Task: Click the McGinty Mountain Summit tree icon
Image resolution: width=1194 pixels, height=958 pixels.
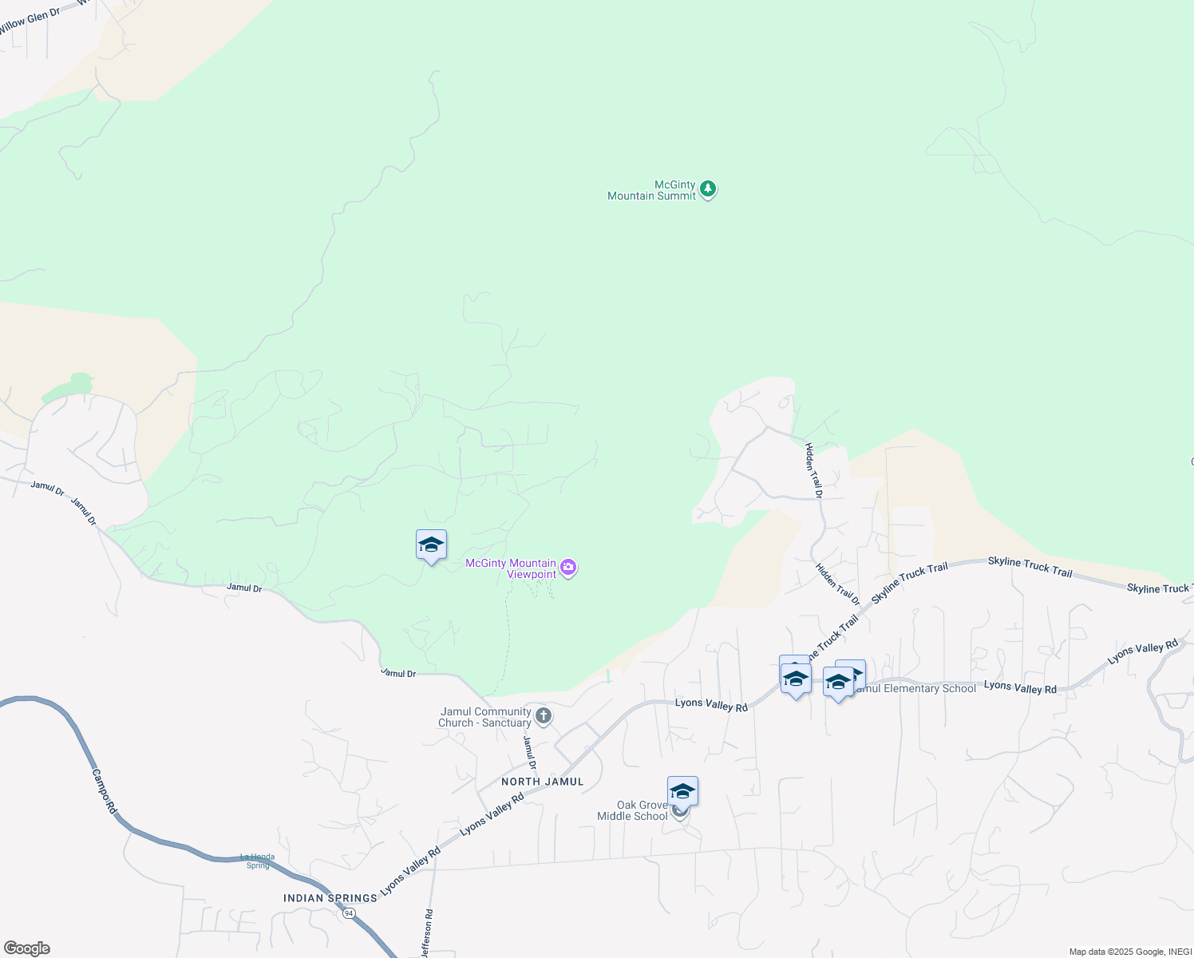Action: [x=707, y=190]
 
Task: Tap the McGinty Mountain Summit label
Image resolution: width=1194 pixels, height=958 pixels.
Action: [x=652, y=190]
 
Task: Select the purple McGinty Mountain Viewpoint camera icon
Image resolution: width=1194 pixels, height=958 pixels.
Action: [x=568, y=568]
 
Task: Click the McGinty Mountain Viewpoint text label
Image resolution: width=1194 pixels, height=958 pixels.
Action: [x=511, y=568]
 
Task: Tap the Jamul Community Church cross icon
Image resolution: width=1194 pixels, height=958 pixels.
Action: [x=544, y=715]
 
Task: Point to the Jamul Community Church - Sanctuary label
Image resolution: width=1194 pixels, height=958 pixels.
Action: [x=484, y=717]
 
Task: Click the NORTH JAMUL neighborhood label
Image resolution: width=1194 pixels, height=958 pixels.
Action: [x=543, y=782]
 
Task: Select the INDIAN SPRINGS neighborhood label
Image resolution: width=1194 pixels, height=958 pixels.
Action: [x=330, y=898]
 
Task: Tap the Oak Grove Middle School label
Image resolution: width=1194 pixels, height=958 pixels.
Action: [x=633, y=810]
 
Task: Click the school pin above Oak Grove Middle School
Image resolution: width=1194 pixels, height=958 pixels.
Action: [x=682, y=791]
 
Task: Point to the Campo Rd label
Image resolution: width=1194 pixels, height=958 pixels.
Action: [x=104, y=791]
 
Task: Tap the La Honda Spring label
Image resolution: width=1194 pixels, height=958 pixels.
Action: [x=258, y=861]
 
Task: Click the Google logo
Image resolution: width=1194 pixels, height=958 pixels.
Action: [x=27, y=948]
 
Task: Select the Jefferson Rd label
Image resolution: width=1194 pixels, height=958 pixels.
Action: [x=427, y=933]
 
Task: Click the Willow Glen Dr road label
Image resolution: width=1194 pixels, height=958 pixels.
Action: [x=30, y=20]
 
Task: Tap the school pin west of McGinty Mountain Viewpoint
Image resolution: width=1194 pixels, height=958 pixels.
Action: [x=431, y=545]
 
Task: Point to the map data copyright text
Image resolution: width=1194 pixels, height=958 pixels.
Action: [x=1129, y=952]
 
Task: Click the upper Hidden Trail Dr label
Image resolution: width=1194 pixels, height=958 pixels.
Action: [x=813, y=471]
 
